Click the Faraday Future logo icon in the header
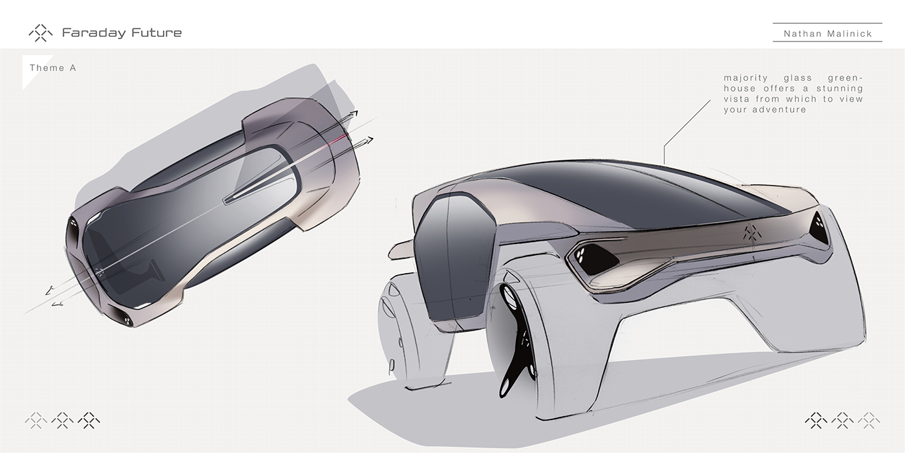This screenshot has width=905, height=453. pos(40,33)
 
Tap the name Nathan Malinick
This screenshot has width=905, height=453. pos(827,34)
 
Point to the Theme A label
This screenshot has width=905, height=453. pos(52,68)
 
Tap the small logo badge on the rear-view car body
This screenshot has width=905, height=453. pos(751,232)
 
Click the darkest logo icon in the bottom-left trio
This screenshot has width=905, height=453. pos(89,421)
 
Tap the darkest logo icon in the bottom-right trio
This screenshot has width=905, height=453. pos(816,421)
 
